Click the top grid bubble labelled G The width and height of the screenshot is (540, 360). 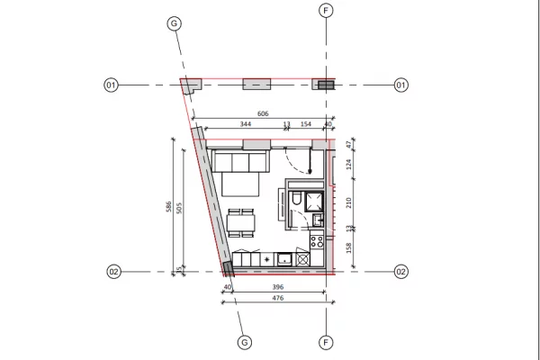point(175,24)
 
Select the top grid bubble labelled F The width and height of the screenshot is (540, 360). point(326,11)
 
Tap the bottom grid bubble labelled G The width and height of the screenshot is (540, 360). point(245,342)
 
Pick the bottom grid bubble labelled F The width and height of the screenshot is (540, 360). point(326,342)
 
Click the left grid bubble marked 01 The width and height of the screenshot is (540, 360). point(111,85)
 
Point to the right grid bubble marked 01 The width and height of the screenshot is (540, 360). point(400,85)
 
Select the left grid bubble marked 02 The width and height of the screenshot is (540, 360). point(113,271)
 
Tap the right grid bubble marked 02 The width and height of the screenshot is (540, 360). point(401,271)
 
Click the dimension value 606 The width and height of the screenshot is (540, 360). point(263,114)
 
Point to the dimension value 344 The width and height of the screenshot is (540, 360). point(246,124)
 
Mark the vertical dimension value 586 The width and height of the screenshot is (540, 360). point(168,208)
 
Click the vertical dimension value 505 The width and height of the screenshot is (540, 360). point(180,208)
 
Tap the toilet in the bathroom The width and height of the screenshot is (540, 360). point(295,200)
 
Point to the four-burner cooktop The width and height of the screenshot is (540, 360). point(316,240)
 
